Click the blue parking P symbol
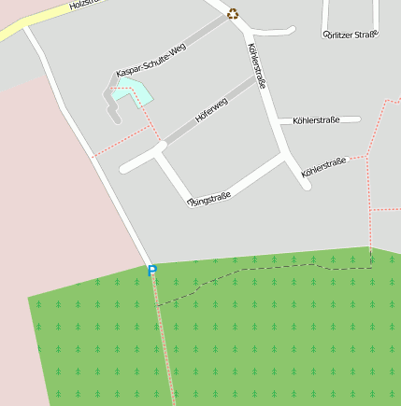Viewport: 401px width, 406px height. [x=152, y=270]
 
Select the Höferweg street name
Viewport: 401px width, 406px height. [x=211, y=113]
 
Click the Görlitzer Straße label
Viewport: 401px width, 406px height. [x=350, y=35]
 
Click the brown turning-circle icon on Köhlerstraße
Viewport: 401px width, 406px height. [x=233, y=13]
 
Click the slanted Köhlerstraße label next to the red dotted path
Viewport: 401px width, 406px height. [x=323, y=167]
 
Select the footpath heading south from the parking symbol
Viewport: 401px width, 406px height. [x=164, y=336]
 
